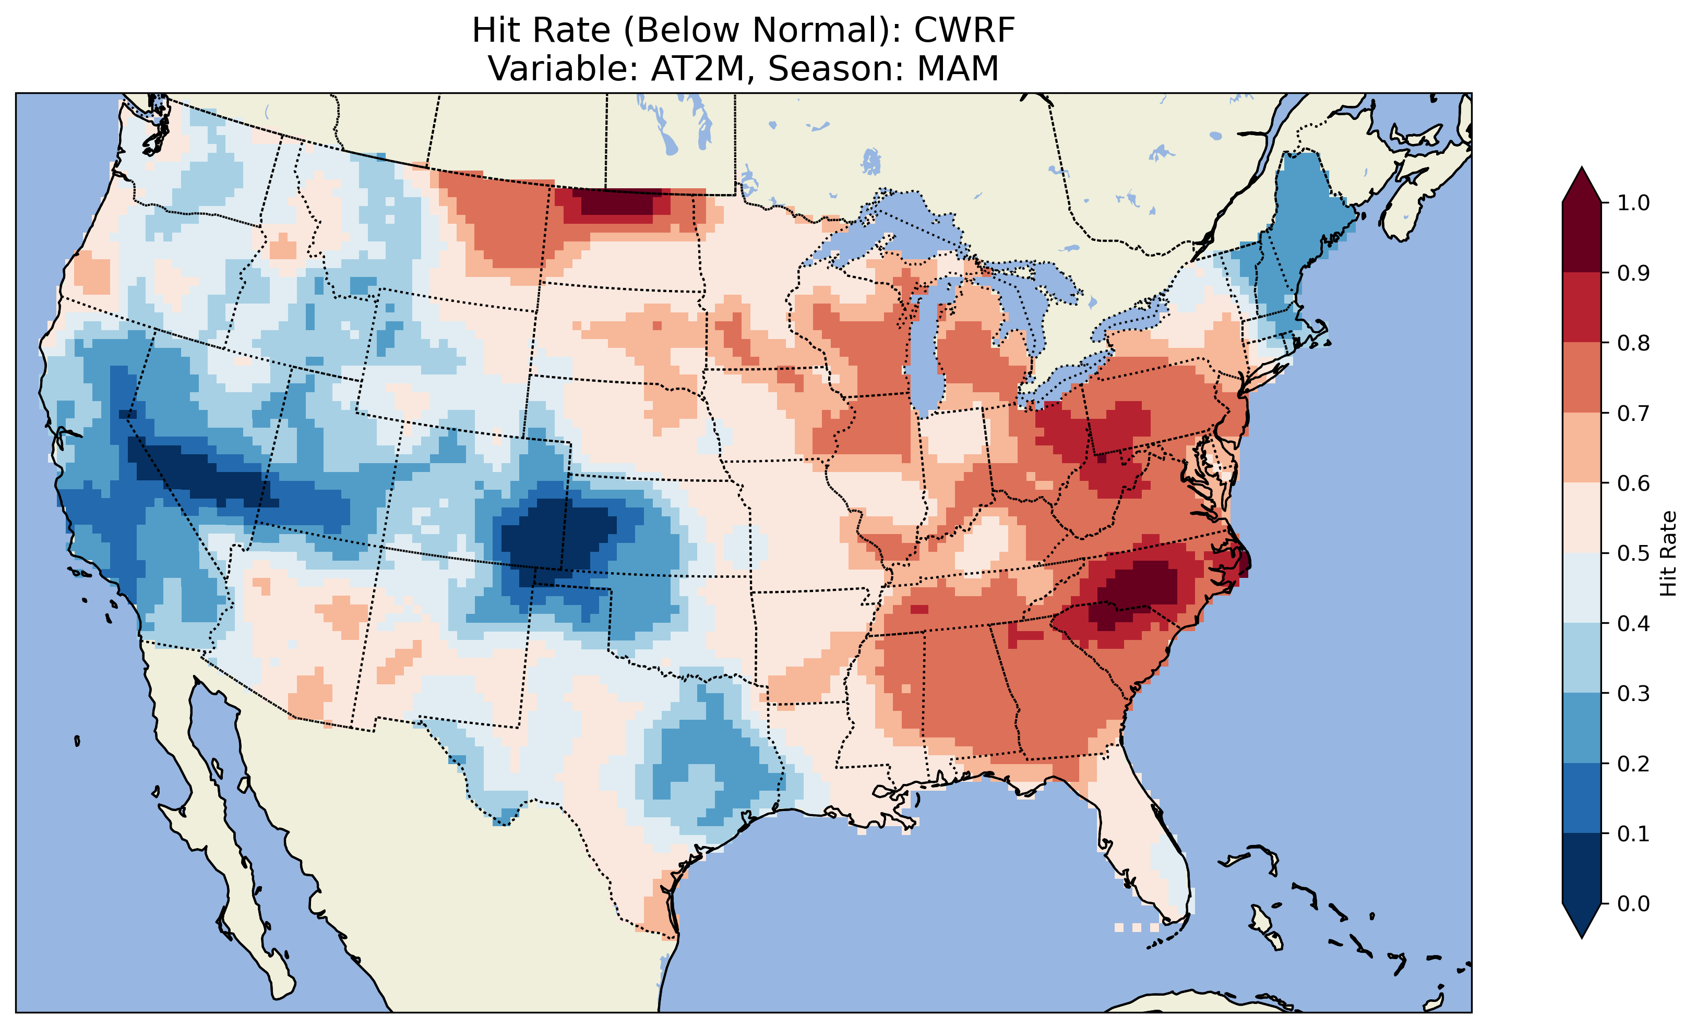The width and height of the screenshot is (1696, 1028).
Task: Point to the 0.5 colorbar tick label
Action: pos(1633,553)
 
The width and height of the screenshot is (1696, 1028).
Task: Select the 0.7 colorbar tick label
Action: pos(1633,414)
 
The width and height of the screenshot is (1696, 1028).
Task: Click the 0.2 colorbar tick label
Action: pos(1633,764)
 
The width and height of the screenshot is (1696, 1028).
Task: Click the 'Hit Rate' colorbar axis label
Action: pos(1668,553)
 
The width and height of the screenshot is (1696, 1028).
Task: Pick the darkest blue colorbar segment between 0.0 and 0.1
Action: pos(1582,868)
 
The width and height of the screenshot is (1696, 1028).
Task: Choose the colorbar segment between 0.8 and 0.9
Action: pos(1582,308)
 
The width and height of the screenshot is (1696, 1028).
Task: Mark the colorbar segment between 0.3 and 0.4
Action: pos(1582,659)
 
